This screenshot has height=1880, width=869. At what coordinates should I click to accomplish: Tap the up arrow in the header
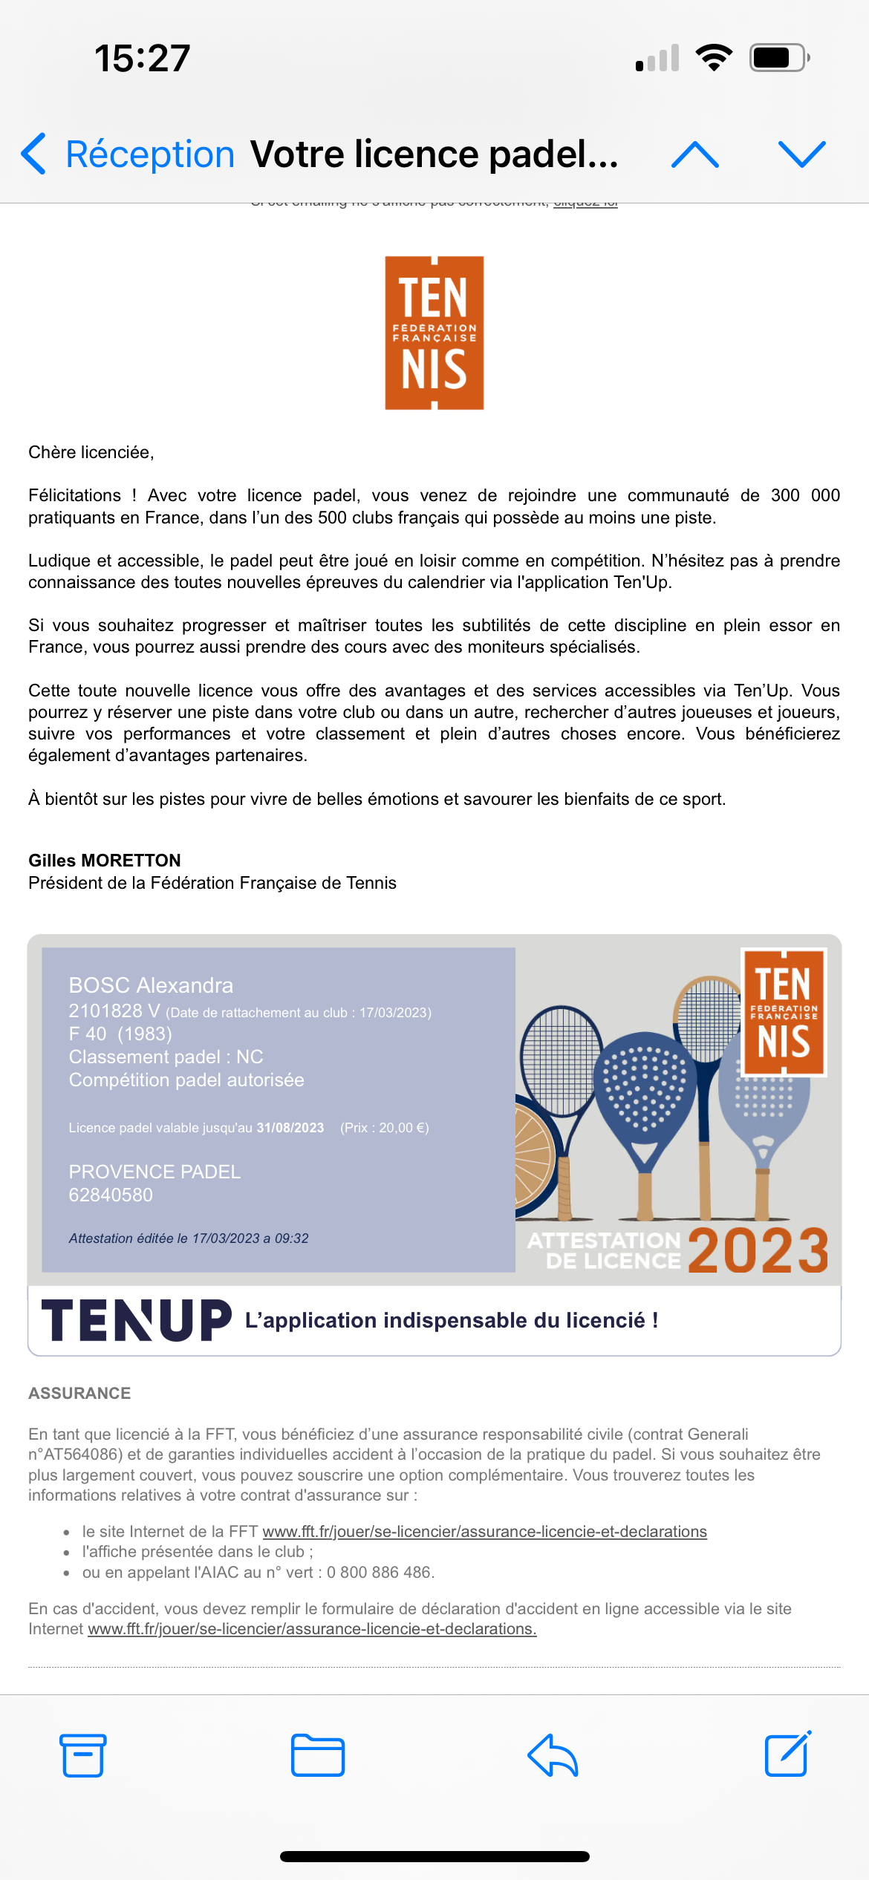click(694, 154)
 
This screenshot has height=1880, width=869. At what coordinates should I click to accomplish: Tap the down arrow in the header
click(801, 154)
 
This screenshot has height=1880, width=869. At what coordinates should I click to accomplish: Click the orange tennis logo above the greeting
click(434, 333)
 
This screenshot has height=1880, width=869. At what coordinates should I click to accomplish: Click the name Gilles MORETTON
click(105, 861)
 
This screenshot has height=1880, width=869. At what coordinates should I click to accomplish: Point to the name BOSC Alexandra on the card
click(151, 985)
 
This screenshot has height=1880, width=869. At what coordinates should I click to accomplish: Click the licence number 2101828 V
click(114, 1011)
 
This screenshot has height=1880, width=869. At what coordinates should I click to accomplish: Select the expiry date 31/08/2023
click(290, 1128)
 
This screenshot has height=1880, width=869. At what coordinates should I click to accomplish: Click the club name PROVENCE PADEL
click(154, 1172)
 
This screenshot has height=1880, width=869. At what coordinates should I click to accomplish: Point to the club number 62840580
click(111, 1195)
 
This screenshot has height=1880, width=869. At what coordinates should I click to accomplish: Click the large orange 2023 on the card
click(758, 1251)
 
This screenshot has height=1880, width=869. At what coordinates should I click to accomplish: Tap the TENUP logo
click(137, 1320)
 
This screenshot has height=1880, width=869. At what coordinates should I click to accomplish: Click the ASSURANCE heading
click(79, 1393)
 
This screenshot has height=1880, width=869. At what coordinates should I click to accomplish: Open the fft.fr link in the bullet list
click(484, 1532)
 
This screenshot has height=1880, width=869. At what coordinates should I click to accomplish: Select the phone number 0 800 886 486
click(379, 1573)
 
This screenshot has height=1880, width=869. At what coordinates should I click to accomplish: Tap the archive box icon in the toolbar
click(82, 1755)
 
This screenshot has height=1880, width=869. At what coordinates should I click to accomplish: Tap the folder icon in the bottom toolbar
click(318, 1755)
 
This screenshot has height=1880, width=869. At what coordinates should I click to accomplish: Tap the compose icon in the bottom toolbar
click(787, 1754)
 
